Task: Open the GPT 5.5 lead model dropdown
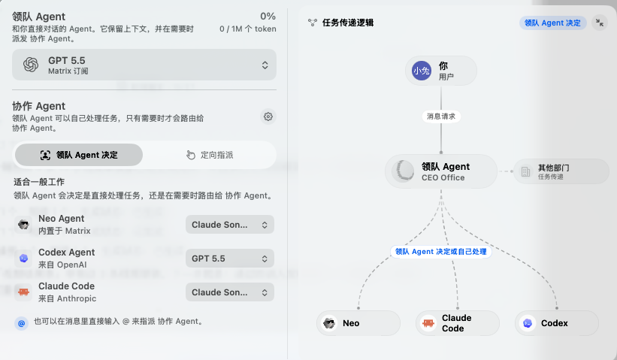tap(144, 65)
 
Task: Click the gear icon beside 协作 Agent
tap(268, 116)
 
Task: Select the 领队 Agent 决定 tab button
tap(79, 155)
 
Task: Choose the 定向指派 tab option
tap(210, 155)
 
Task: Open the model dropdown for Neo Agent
tap(230, 225)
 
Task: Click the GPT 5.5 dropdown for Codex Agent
tap(230, 259)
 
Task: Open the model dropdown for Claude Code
tap(230, 292)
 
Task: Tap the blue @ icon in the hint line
tap(21, 323)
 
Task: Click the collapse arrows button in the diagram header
tap(600, 23)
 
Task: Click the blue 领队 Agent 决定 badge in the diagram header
tap(553, 23)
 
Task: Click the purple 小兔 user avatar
tap(422, 71)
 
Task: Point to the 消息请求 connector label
tap(441, 116)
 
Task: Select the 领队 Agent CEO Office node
tap(441, 171)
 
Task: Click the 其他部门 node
tap(561, 171)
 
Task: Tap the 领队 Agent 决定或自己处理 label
tap(441, 252)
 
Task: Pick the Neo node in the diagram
tap(358, 323)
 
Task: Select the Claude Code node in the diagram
tap(457, 323)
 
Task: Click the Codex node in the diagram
tap(556, 323)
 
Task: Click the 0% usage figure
tap(268, 17)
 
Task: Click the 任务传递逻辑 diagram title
tap(348, 23)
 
